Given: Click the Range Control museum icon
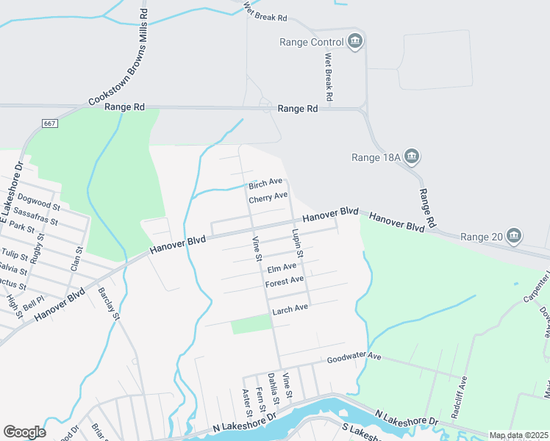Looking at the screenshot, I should (355, 40).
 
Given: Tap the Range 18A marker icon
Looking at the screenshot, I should (412, 156).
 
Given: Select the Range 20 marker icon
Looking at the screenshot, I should (514, 236).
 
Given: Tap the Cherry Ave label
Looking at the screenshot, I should (268, 198).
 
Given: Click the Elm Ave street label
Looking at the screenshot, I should (282, 268).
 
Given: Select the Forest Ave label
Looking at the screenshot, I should (285, 282).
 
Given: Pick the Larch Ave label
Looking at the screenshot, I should (290, 309).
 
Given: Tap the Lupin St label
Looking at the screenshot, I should (297, 242).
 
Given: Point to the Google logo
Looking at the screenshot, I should (24, 432).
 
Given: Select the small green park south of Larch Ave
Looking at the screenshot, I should (251, 324).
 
